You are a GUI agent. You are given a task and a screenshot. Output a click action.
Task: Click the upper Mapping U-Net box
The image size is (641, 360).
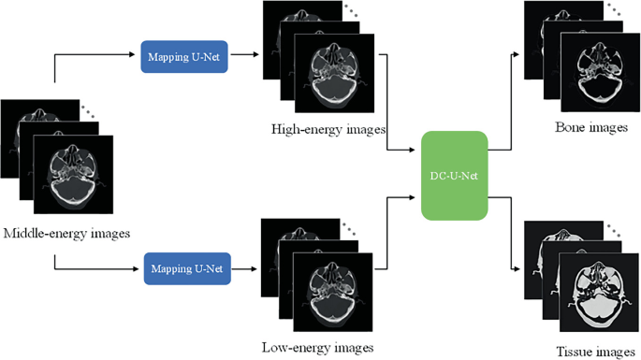click(183, 57)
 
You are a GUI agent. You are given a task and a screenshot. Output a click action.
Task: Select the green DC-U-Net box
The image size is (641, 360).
click(455, 176)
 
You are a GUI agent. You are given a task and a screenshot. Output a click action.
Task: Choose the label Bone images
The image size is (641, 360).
click(591, 127)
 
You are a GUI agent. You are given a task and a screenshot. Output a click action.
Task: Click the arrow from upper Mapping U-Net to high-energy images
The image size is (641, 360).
click(246, 55)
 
